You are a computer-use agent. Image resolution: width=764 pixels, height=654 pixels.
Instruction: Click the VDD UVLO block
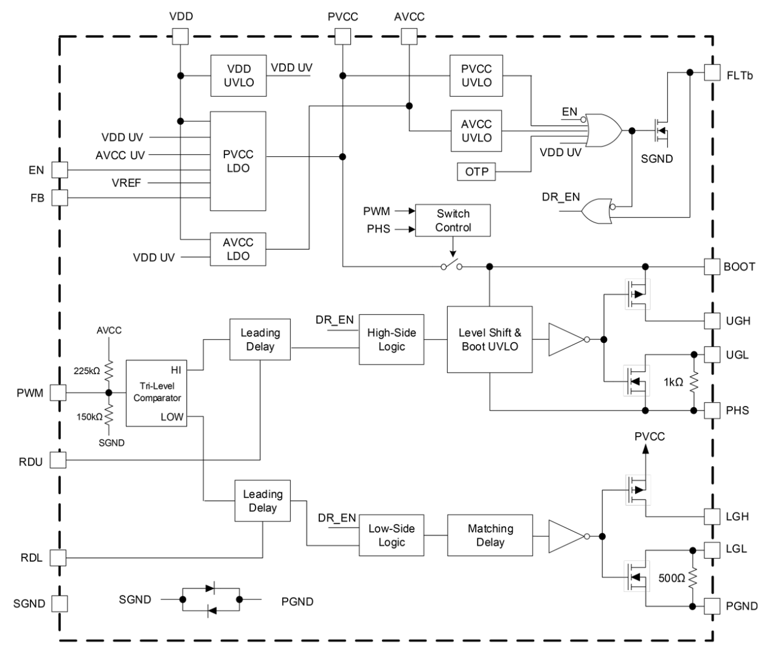(238, 75)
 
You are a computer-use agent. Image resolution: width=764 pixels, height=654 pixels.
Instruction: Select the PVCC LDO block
(238, 161)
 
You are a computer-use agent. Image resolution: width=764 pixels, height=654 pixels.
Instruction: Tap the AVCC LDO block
(238, 249)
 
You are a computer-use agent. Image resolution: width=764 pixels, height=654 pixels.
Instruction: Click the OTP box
(476, 172)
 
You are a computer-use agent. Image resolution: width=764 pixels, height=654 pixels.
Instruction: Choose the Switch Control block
(453, 221)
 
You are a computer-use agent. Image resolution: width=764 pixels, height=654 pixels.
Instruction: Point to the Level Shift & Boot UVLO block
(490, 340)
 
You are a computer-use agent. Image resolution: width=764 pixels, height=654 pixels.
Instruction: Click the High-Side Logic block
(391, 340)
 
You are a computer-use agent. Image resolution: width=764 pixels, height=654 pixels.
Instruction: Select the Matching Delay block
(490, 535)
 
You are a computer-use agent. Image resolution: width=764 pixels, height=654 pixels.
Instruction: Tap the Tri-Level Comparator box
(156, 393)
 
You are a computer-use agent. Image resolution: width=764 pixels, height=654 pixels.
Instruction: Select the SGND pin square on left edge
(58, 603)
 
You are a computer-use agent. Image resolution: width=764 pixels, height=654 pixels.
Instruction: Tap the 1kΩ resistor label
(673, 382)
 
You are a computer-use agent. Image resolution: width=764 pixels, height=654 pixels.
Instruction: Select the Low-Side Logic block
(391, 535)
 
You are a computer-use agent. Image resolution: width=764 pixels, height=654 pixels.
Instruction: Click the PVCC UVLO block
(476, 75)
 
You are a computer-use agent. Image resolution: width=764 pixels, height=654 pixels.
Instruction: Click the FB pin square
(59, 198)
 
